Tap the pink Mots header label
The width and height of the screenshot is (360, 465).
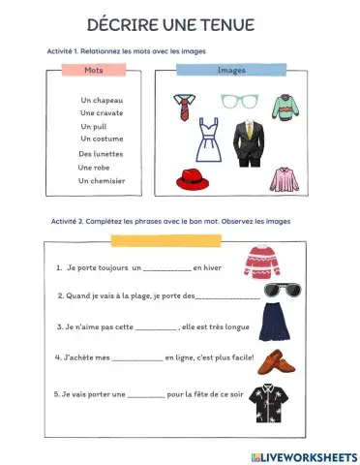coord(94,70)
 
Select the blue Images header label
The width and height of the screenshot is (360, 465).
coord(231,70)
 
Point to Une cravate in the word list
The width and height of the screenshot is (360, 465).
coord(102,113)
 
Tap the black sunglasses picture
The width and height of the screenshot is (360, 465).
coord(263,291)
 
